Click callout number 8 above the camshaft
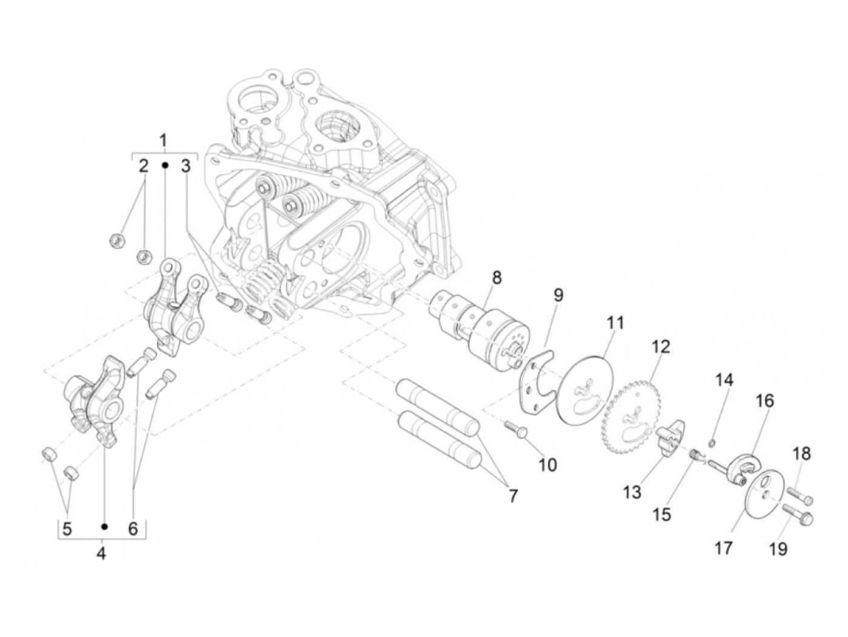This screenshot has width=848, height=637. coord(497,278)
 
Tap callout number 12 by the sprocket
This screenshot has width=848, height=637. coord(661,348)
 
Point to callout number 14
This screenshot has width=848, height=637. coord(724,380)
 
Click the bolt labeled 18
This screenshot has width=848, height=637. coord(800,498)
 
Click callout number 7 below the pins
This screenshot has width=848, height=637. coord(513,497)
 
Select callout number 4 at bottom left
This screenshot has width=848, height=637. coord(101,553)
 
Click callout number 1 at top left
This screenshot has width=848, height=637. coord(163,141)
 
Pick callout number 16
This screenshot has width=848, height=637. coord(764,401)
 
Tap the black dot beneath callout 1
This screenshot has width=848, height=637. coord(164,165)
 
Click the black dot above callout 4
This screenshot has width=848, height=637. coord(104,526)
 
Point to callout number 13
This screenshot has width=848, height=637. coord(632,492)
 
